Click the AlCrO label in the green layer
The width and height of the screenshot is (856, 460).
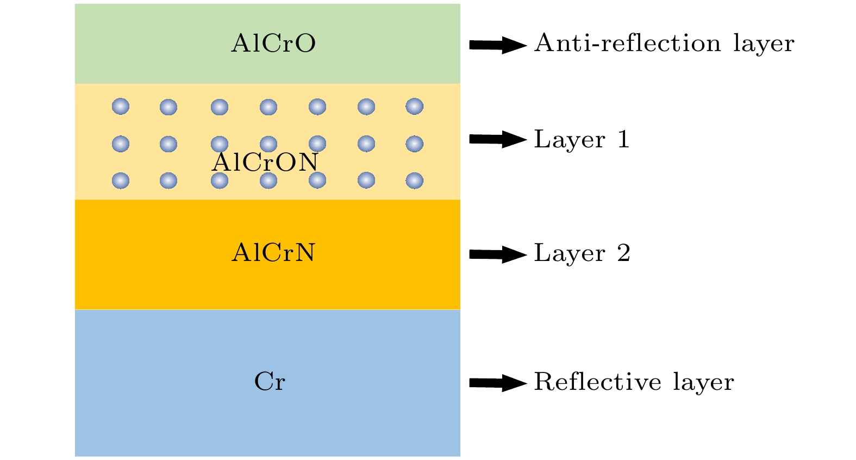pyautogui.click(x=273, y=43)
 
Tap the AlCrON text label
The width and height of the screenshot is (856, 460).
pyautogui.click(x=265, y=162)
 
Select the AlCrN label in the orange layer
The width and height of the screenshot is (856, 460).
pyautogui.click(x=273, y=253)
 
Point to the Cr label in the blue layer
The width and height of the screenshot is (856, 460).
pyautogui.click(x=270, y=382)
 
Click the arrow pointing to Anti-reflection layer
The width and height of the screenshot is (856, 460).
pyautogui.click(x=497, y=45)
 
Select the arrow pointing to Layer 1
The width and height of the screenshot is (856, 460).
pyautogui.click(x=497, y=140)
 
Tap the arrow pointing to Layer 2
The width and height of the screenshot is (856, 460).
pyautogui.click(x=497, y=254)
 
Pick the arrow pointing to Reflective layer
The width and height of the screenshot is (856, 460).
pyautogui.click(x=497, y=383)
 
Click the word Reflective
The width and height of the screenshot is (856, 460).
pyautogui.click(x=597, y=382)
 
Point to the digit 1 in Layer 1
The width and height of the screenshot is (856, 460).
pyautogui.click(x=623, y=140)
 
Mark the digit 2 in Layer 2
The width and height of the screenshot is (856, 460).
pyautogui.click(x=624, y=253)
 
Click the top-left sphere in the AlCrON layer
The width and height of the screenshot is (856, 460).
pyautogui.click(x=121, y=107)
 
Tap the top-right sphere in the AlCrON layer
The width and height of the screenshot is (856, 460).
pyautogui.click(x=415, y=107)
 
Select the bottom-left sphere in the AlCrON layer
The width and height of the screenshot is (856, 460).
pyautogui.click(x=121, y=181)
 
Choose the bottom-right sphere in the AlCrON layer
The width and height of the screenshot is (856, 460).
pyautogui.click(x=415, y=181)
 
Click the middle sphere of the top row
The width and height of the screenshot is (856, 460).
pyautogui.click(x=268, y=107)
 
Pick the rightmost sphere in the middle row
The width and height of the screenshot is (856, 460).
pyautogui.click(x=415, y=144)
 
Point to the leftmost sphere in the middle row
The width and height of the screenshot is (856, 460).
pyautogui.click(x=121, y=144)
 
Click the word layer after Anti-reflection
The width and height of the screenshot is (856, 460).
pyautogui.click(x=764, y=45)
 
